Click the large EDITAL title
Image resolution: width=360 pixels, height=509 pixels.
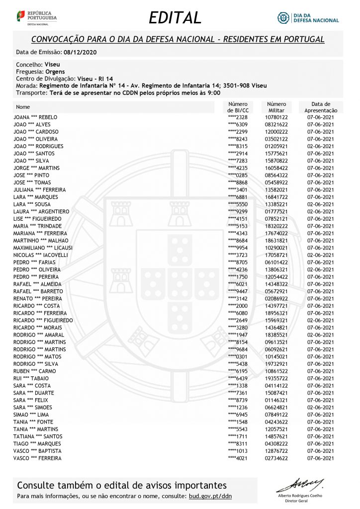click(175, 17)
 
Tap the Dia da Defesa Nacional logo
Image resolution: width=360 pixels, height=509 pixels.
click(308, 17)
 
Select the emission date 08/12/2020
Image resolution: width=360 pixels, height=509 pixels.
click(81, 52)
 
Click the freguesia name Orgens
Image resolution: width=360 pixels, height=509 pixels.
click(55, 72)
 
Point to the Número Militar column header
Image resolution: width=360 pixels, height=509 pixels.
click(276, 107)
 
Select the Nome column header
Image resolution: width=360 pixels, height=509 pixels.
click(23, 107)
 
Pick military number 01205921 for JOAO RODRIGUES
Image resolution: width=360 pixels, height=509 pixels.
click(277, 146)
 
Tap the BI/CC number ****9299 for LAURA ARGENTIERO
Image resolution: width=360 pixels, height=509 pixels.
click(237, 211)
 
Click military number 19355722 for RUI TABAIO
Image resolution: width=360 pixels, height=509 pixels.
click(277, 378)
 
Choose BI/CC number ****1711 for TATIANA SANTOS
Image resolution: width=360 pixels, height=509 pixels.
click(237, 436)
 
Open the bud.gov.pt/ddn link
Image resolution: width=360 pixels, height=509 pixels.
click(210, 496)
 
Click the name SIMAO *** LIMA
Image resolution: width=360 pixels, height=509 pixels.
click(31, 415)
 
